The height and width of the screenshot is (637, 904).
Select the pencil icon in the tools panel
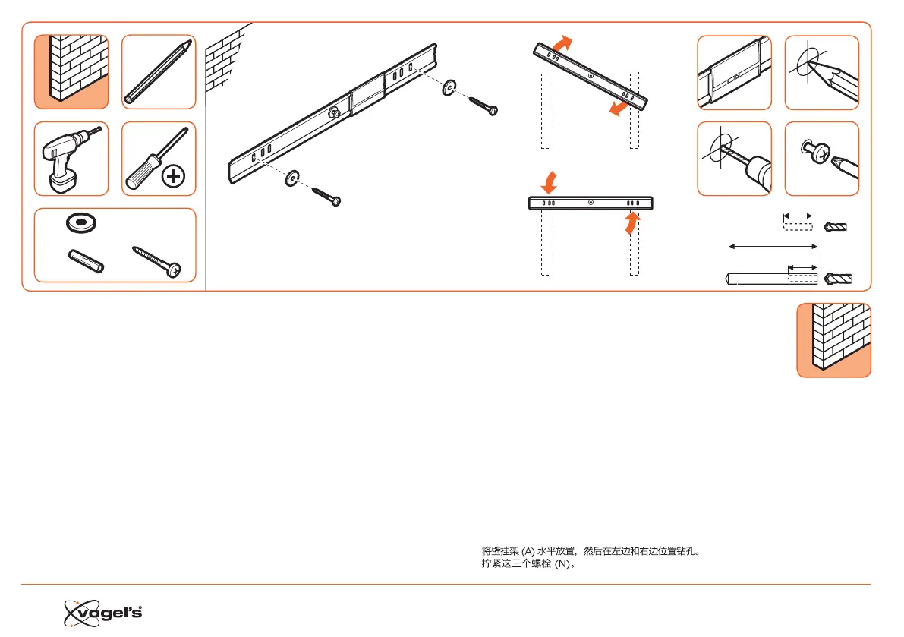click(x=159, y=71)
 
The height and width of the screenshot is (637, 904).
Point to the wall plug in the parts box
click(x=85, y=260)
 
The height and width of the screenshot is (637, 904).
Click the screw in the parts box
click(x=157, y=260)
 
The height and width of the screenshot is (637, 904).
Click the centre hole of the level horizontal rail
click(x=591, y=203)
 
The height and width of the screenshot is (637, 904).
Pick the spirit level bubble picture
click(x=734, y=72)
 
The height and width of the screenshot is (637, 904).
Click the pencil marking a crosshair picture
click(x=821, y=72)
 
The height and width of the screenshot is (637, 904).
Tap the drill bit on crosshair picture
click(x=734, y=159)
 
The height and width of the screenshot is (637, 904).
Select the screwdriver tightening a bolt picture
click(x=821, y=159)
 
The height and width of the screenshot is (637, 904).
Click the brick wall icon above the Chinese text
click(x=833, y=339)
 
